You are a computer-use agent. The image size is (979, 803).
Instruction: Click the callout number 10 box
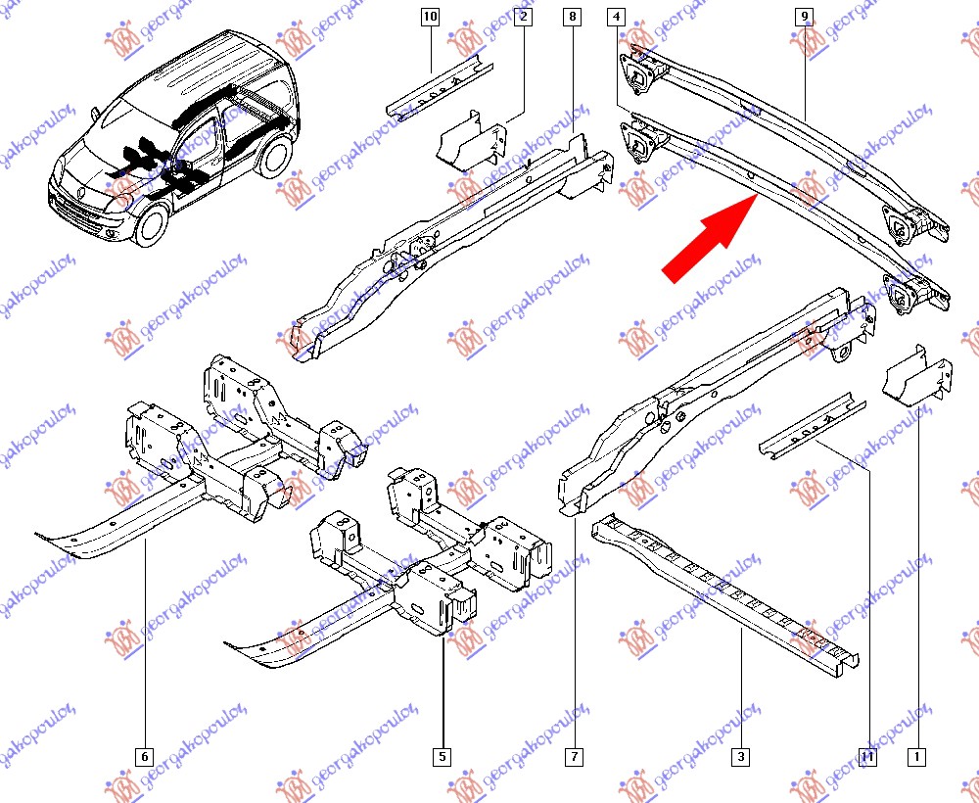coord(431,17)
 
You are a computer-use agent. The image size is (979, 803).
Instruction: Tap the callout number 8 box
coord(573,17)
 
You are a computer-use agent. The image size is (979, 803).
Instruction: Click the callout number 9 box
coord(804,17)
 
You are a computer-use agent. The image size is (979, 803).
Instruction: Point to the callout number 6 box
coord(144,756)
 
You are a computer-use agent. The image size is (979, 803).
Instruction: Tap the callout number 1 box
coord(917,756)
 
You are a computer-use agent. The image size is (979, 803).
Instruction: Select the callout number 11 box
coord(868,756)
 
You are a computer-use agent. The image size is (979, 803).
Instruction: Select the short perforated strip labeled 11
coord(812,425)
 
